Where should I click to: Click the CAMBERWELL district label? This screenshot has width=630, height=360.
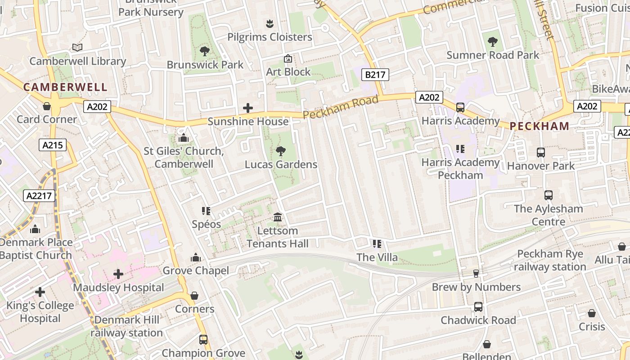pyautogui.click(x=65, y=87)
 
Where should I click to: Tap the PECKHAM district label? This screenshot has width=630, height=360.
pyautogui.click(x=539, y=126)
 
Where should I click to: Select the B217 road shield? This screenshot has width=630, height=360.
pyautogui.click(x=375, y=74)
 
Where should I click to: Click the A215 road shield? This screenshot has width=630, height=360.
pyautogui.click(x=53, y=145)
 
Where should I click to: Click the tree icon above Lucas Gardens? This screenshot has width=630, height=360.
pyautogui.click(x=281, y=151)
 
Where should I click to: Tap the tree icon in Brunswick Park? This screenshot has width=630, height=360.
pyautogui.click(x=205, y=51)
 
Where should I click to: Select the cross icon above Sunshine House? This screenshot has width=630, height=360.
pyautogui.click(x=247, y=108)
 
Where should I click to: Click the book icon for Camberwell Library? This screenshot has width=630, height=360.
pyautogui.click(x=77, y=48)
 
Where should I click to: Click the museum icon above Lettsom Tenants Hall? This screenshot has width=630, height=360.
pyautogui.click(x=278, y=217)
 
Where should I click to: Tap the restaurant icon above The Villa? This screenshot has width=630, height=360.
pyautogui.click(x=377, y=244)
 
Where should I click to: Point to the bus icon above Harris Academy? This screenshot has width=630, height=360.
pyautogui.click(x=460, y=108)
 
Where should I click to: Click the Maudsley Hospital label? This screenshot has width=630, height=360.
pyautogui.click(x=118, y=288)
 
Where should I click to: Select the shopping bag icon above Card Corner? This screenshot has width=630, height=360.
pyautogui.click(x=46, y=106)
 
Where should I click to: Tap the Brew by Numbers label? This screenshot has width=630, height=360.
pyautogui.click(x=476, y=287)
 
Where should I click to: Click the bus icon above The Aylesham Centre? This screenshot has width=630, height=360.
pyautogui.click(x=548, y=195)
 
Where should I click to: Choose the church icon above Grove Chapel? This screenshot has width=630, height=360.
pyautogui.click(x=195, y=257)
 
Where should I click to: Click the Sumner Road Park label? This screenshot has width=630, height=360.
pyautogui.click(x=492, y=55)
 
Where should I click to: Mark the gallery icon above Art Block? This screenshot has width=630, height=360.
pyautogui.click(x=288, y=58)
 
